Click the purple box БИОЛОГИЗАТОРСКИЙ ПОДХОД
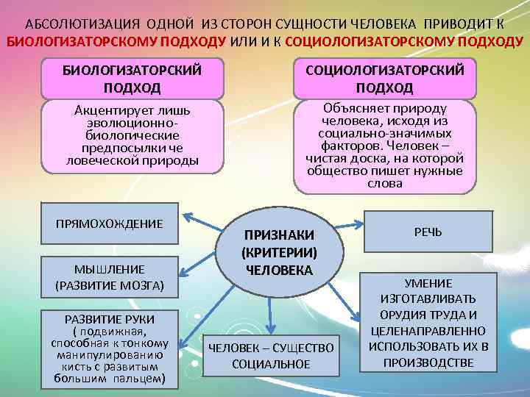[x=122, y=78]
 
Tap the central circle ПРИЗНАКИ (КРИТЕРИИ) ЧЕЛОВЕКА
[x=279, y=252]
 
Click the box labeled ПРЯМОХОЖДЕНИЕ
[x=110, y=223]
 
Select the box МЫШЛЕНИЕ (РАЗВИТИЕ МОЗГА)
[x=110, y=276]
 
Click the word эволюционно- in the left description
[x=122, y=124]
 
